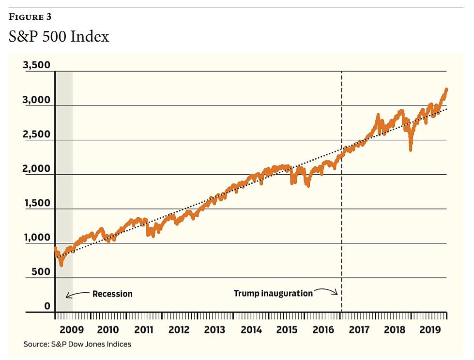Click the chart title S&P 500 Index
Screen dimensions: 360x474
(x=59, y=37)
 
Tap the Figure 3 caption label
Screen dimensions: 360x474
(x=30, y=17)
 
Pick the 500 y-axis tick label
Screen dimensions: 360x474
(x=41, y=271)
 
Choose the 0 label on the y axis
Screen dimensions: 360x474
(x=47, y=306)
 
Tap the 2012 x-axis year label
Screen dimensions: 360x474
(x=179, y=330)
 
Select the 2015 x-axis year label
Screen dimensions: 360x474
(x=287, y=330)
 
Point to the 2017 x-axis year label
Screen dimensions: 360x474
(x=358, y=330)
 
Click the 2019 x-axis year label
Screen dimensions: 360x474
(x=429, y=330)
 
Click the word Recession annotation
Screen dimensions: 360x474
(x=112, y=294)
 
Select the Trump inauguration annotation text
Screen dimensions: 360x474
(x=273, y=293)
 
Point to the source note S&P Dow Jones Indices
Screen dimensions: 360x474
(x=77, y=345)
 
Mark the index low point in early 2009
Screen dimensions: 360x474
(x=61, y=265)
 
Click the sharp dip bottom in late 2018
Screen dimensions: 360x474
(x=411, y=150)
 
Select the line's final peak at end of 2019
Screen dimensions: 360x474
(x=446, y=89)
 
